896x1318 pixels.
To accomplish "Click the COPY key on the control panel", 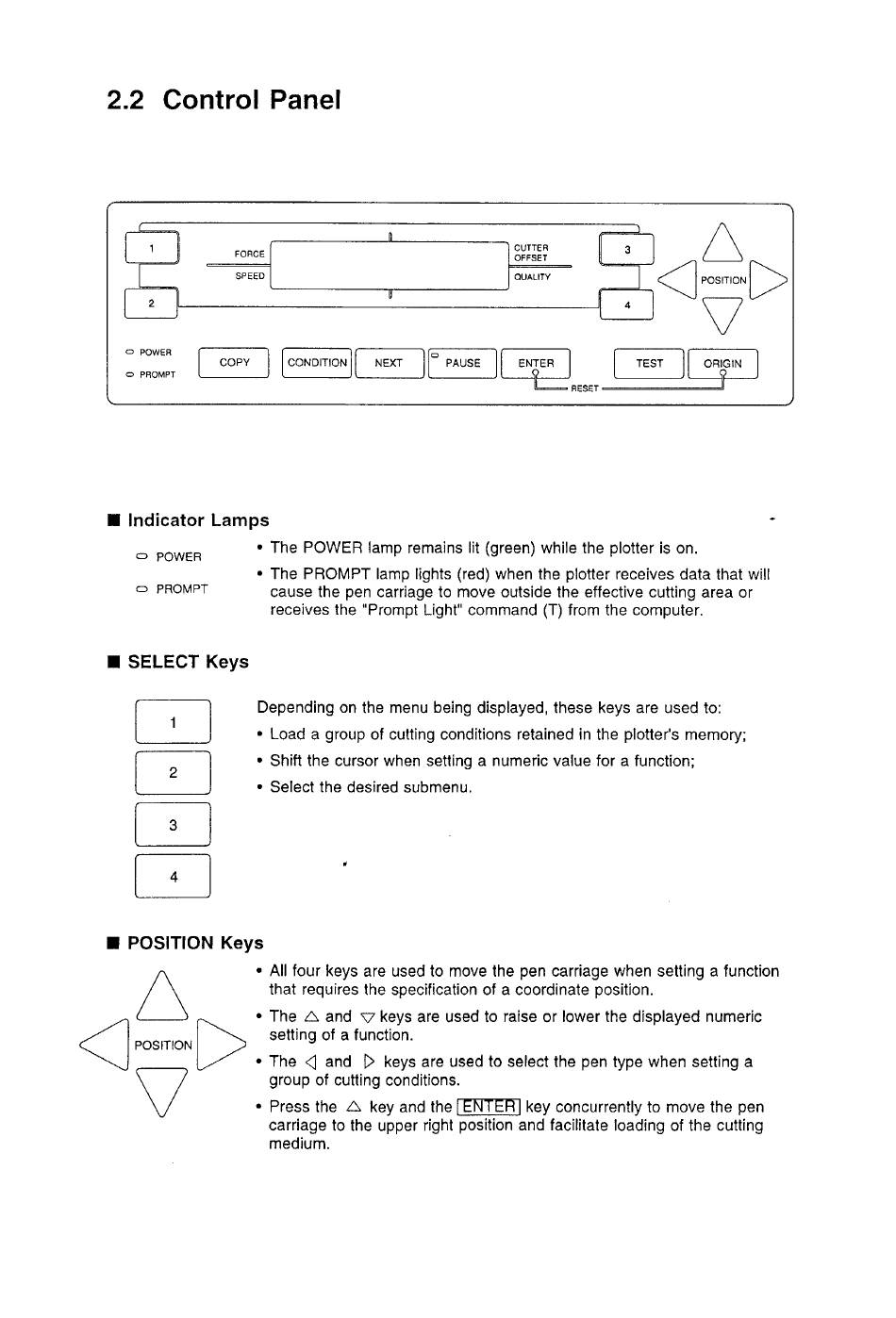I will [234, 363].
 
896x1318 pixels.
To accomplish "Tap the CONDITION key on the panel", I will [317, 363].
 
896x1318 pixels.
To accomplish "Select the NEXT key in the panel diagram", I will [389, 363].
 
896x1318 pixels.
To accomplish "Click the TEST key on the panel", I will [649, 363].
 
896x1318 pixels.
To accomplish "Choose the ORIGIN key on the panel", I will [722, 363].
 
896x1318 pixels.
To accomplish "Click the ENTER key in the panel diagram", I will [536, 363].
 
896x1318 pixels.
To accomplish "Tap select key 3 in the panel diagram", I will [626, 250].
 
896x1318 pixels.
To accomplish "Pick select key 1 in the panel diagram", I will [152, 247].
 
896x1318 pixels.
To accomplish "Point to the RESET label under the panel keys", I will [584, 388].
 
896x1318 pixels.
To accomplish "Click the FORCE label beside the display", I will [249, 254].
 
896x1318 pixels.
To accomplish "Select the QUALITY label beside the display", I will [532, 277].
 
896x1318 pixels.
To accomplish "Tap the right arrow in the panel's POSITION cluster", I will [768, 279].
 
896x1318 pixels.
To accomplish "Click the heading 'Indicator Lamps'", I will [198, 520].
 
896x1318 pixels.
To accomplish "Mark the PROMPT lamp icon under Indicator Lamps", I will [142, 589].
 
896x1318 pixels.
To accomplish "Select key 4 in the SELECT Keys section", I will [174, 877].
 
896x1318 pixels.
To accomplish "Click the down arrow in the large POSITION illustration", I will [163, 1092].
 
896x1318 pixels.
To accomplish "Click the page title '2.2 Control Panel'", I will [224, 100].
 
